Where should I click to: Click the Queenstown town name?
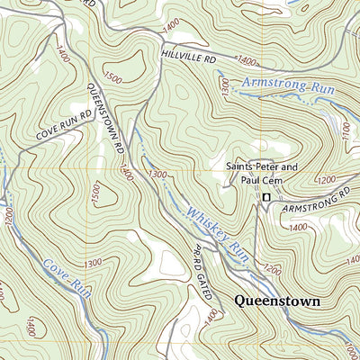point(276,301)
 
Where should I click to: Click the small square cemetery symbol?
point(265,197)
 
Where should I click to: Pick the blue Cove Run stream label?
point(67,277)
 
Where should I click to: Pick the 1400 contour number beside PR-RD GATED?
point(211,314)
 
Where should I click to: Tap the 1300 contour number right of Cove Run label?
point(91,262)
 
